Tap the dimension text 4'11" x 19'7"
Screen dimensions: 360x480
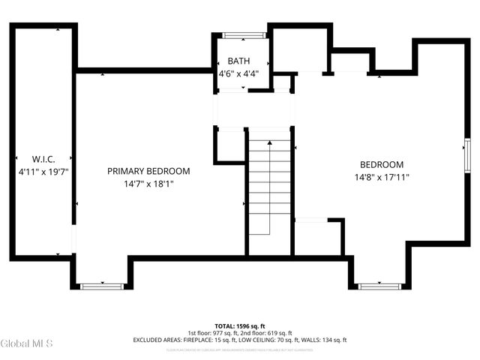tap(43, 172)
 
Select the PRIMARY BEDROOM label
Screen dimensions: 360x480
tap(148, 171)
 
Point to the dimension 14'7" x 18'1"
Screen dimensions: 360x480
tap(148, 184)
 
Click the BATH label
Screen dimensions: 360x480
tap(239, 61)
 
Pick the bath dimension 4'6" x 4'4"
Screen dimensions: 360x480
tap(239, 73)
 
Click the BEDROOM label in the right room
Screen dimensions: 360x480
tap(382, 165)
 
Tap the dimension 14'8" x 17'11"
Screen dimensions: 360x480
tap(382, 178)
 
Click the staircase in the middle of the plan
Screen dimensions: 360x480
tap(269, 187)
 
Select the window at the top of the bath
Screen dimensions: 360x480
tap(244, 34)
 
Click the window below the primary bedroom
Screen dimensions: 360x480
tap(102, 286)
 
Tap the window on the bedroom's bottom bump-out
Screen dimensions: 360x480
tap(379, 286)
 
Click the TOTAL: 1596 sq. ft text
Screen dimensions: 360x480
tap(240, 326)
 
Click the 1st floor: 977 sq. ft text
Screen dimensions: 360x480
tap(212, 333)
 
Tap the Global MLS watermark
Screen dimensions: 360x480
tap(27, 343)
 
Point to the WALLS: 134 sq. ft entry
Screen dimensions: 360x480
tap(324, 340)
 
